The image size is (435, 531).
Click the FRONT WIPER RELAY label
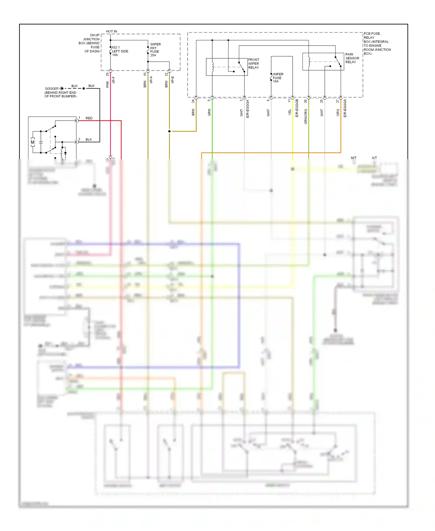(253, 64)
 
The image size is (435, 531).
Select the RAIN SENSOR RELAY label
(352, 58)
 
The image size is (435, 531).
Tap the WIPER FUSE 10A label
(278, 78)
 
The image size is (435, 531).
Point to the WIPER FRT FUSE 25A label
(155, 50)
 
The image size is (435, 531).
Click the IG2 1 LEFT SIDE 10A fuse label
(120, 51)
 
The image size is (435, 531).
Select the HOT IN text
(111, 31)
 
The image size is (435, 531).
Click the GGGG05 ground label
(52, 89)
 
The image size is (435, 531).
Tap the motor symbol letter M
(33, 142)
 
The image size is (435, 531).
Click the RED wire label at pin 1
(89, 118)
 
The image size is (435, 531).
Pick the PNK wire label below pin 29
(107, 84)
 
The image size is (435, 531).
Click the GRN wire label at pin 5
(209, 113)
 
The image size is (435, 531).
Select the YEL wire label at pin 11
(289, 112)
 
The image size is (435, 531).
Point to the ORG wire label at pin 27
(338, 113)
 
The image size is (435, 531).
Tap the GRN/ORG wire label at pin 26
(305, 117)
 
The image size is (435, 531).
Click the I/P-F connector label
(113, 80)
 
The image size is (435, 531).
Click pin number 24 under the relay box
(193, 101)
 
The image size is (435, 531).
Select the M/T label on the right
(354, 158)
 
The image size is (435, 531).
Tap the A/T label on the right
(374, 158)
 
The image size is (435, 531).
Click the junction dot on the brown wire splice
(169, 131)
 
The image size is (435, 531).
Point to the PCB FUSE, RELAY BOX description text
(377, 44)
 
